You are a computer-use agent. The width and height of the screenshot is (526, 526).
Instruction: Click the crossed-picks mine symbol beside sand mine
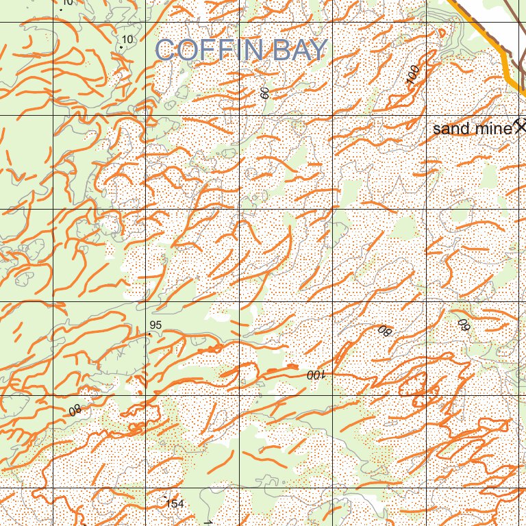tap(521, 126)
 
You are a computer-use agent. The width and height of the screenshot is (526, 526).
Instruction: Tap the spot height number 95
tap(155, 325)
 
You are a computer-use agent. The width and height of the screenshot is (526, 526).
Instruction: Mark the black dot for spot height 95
tap(150, 334)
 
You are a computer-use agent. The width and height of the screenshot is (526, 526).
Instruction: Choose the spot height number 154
tap(175, 504)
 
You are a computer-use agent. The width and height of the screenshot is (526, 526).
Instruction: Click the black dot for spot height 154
tap(164, 497)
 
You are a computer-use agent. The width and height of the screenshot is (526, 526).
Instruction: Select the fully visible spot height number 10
tap(127, 39)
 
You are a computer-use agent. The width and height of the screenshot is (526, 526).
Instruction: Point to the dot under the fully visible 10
tap(121, 47)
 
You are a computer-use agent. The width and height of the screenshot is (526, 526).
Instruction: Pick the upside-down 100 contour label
tap(314, 375)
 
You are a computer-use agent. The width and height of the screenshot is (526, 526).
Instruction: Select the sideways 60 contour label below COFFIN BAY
tap(265, 93)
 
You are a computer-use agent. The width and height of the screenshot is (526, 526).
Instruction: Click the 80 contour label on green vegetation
tap(75, 411)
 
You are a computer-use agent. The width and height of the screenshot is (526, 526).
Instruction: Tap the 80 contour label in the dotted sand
tap(384, 331)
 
